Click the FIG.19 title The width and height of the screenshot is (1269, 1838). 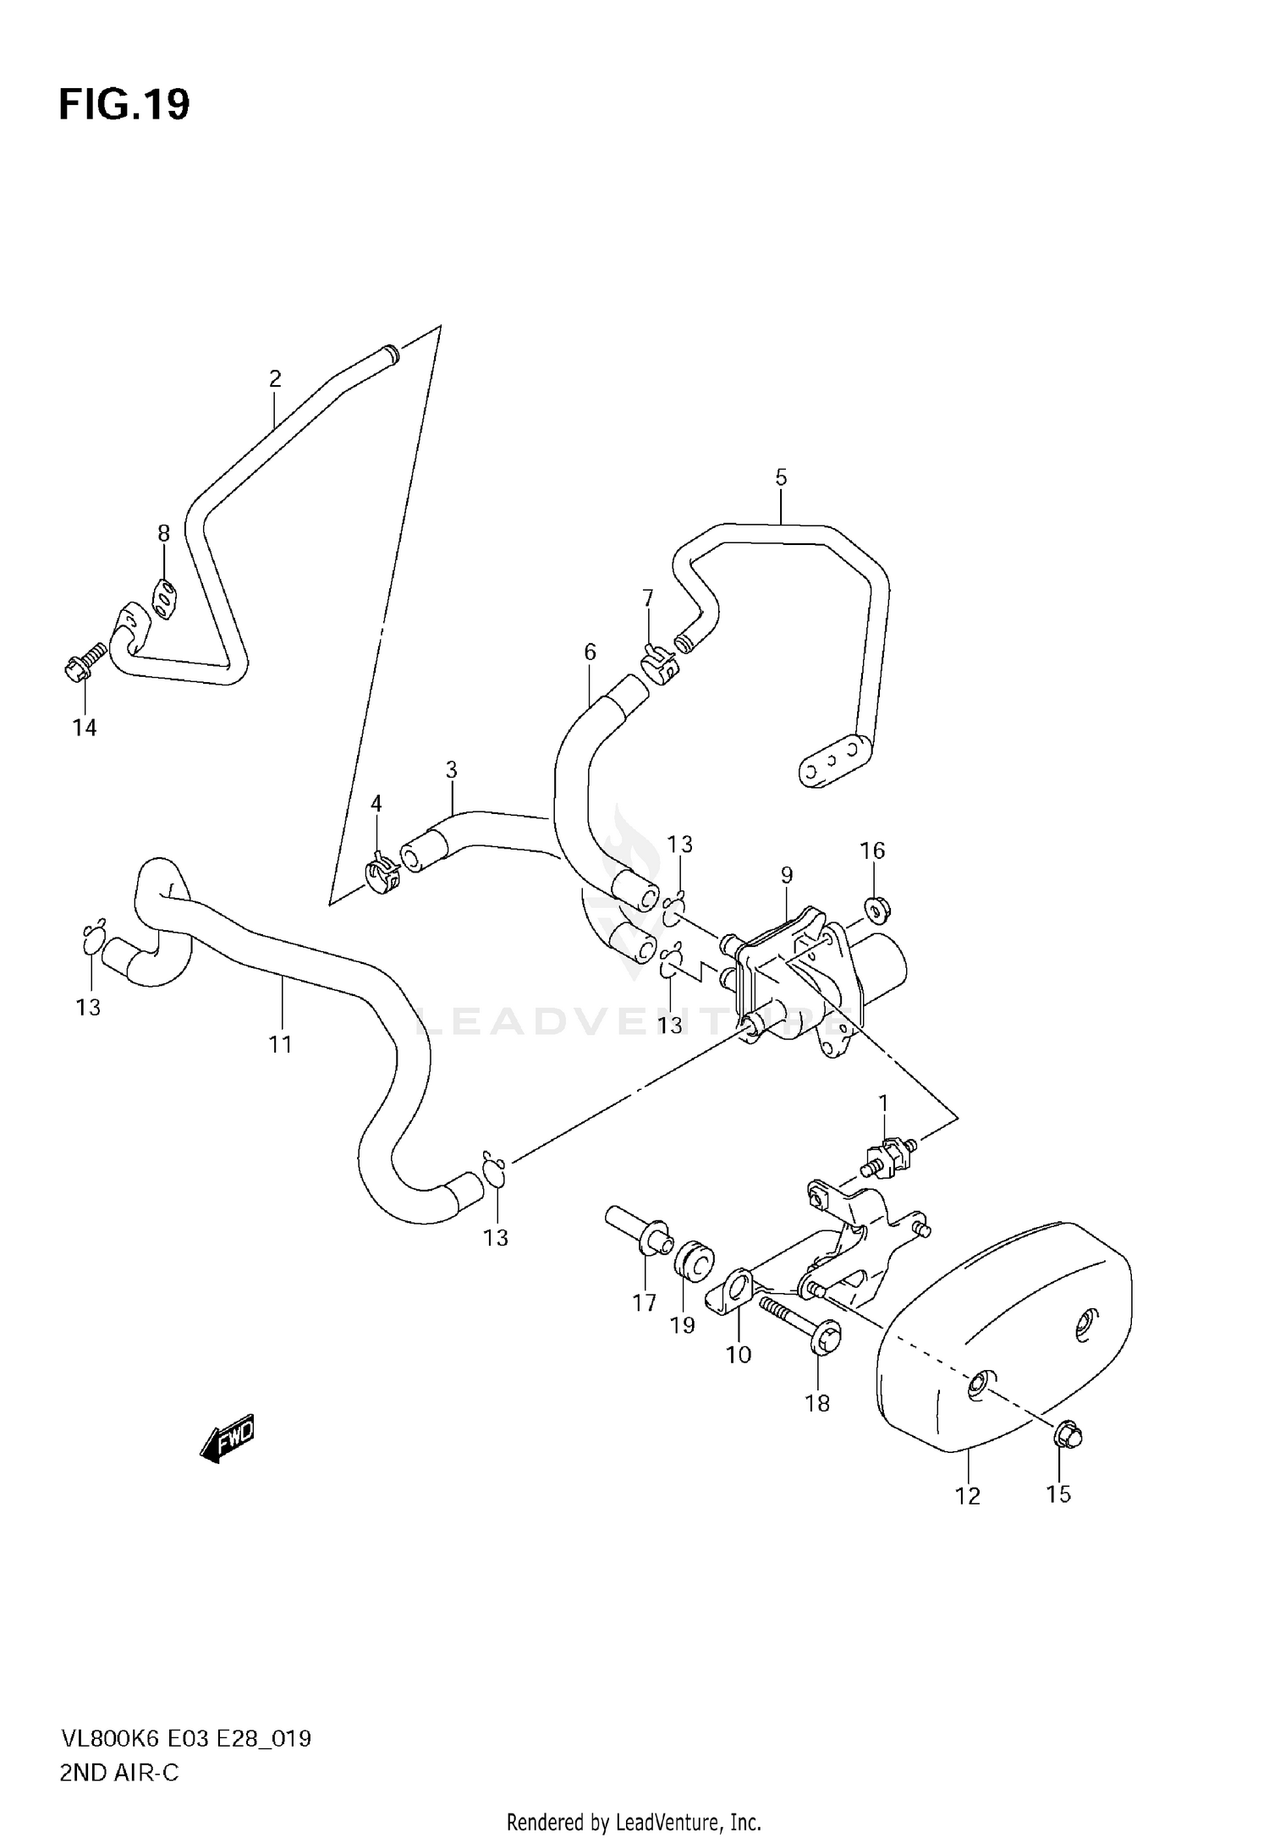tap(124, 105)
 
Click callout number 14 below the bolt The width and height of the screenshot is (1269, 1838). tap(84, 727)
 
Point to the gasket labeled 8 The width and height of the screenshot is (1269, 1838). tap(164, 600)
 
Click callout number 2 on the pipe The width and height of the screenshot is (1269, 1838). tap(274, 378)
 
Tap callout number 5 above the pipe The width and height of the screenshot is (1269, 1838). tap(780, 476)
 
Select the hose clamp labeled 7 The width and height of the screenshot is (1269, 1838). tap(658, 663)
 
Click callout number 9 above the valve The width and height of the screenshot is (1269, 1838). tap(786, 874)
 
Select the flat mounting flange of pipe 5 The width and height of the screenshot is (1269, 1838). tap(833, 760)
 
